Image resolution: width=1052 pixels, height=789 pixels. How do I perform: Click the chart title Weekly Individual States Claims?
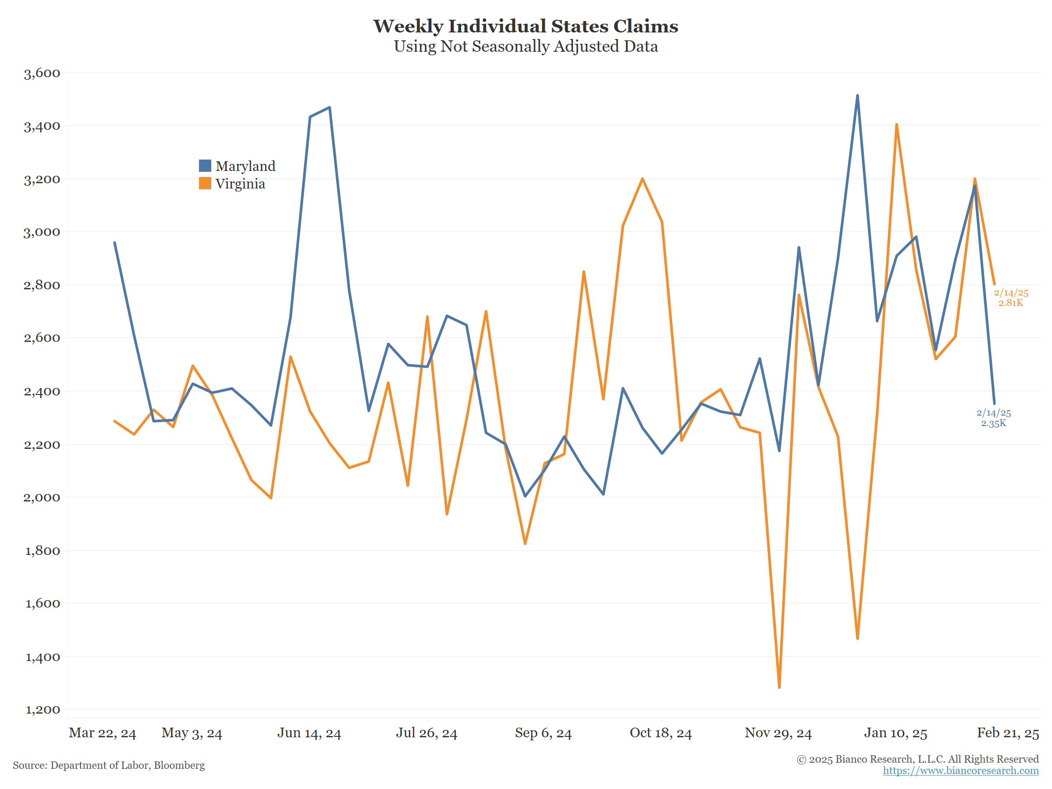pyautogui.click(x=526, y=26)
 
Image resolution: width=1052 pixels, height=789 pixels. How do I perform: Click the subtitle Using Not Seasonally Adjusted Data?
pyautogui.click(x=526, y=46)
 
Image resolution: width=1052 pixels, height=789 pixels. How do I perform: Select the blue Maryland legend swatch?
pyautogui.click(x=205, y=166)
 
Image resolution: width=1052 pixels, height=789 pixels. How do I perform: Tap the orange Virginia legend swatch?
pyautogui.click(x=205, y=184)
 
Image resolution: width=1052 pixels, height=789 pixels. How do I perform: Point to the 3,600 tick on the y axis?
pyautogui.click(x=42, y=73)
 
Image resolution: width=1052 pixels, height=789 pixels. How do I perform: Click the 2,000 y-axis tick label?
pyautogui.click(x=42, y=498)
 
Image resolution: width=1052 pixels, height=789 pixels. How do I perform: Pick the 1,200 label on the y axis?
pyautogui.click(x=42, y=710)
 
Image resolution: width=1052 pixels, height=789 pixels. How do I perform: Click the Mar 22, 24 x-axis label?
pyautogui.click(x=102, y=733)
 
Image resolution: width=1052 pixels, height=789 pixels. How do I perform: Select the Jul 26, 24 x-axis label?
pyautogui.click(x=426, y=733)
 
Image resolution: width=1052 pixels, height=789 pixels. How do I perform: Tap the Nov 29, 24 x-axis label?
pyautogui.click(x=778, y=733)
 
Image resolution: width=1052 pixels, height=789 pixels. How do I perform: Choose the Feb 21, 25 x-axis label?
pyautogui.click(x=1008, y=733)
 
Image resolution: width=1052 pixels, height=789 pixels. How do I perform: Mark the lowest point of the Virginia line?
pyautogui.click(x=779, y=687)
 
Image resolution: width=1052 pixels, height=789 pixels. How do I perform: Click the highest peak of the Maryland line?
pyautogui.click(x=857, y=96)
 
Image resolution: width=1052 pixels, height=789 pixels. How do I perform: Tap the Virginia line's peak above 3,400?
pyautogui.click(x=896, y=124)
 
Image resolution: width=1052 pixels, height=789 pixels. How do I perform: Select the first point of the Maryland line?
pyautogui.click(x=114, y=242)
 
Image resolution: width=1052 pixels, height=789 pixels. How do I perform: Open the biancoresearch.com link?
pyautogui.click(x=960, y=771)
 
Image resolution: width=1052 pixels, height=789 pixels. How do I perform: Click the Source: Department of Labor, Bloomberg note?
pyautogui.click(x=109, y=765)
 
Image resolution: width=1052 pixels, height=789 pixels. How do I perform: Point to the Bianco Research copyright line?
pyautogui.click(x=917, y=759)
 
